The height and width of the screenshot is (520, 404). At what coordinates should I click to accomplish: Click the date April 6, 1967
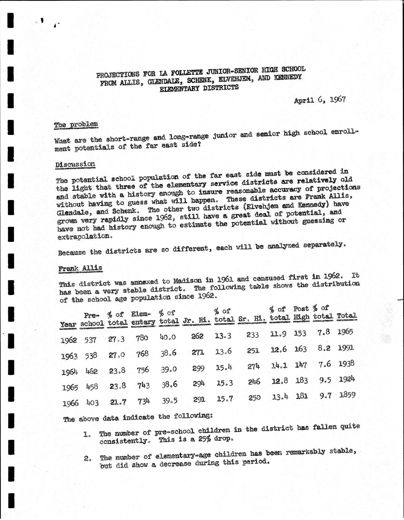(x=320, y=100)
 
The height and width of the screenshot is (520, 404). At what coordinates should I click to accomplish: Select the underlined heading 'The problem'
(x=76, y=124)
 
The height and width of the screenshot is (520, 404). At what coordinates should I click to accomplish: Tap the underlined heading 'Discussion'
(x=75, y=164)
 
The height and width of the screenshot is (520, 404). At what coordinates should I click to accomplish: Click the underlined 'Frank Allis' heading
(x=80, y=268)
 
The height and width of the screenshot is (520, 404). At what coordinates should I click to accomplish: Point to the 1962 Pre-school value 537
(x=90, y=340)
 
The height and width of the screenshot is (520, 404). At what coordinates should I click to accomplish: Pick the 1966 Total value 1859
(x=347, y=396)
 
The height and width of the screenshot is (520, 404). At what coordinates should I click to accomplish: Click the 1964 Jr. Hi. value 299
(x=198, y=368)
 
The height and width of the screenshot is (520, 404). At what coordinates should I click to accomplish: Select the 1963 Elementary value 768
(x=142, y=354)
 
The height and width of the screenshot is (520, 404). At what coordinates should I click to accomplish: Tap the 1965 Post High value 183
(x=302, y=381)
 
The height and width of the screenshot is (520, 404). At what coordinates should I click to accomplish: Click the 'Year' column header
(x=68, y=324)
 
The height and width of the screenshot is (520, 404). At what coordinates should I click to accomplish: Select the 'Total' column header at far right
(x=346, y=316)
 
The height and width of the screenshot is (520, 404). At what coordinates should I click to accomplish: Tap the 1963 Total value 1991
(x=346, y=348)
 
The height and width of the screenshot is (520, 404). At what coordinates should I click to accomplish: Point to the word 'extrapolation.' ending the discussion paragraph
(x=85, y=237)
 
